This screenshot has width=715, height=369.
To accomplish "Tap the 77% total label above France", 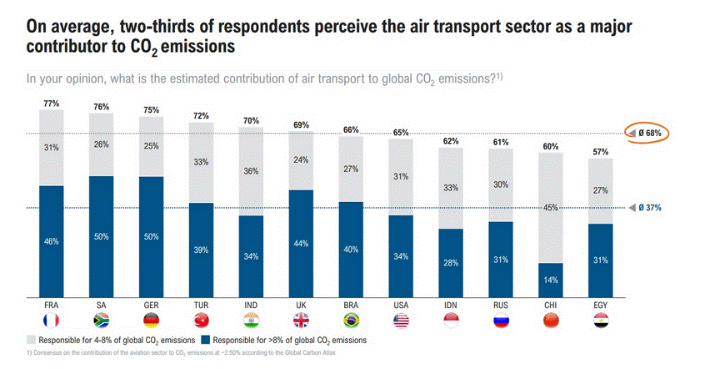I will [52, 104].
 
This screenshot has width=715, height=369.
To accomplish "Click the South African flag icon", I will [102, 321].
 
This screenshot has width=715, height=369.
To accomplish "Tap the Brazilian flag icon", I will [351, 321].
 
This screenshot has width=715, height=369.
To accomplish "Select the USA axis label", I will [401, 304].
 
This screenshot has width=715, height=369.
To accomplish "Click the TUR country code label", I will [201, 304].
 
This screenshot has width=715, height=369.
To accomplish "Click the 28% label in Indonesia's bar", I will [451, 263].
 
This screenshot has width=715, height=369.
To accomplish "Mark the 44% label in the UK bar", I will [301, 243].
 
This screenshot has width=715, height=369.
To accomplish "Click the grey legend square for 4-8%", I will [32, 341].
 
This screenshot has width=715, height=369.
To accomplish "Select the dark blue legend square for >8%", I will [207, 341].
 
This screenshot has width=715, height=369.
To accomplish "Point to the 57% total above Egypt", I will [600, 152].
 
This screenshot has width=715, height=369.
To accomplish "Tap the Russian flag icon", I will [501, 321].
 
